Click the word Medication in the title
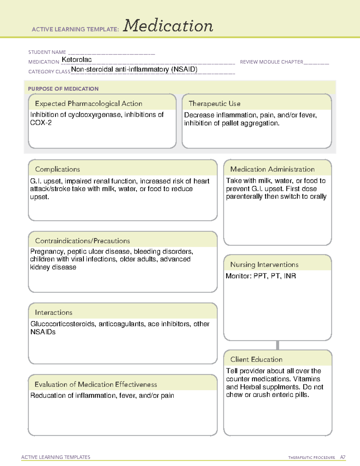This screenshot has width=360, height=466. pyautogui.click(x=168, y=26)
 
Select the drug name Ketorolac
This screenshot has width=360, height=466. pyautogui.click(x=76, y=60)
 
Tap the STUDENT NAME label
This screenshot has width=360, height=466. pyautogui.click(x=47, y=52)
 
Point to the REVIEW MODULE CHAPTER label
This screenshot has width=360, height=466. pyautogui.click(x=271, y=62)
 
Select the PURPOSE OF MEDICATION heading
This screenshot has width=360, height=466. pyautogui.click(x=63, y=89)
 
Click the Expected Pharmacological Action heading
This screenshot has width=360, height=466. pyautogui.click(x=88, y=104)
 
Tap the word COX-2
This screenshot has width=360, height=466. pyautogui.click(x=41, y=123)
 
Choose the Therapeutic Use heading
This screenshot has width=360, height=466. pyautogui.click(x=214, y=104)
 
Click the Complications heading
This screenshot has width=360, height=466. pyautogui.click(x=58, y=169)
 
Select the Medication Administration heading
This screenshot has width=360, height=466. pyautogui.click(x=272, y=169)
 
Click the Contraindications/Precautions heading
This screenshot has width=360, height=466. pyautogui.click(x=82, y=241)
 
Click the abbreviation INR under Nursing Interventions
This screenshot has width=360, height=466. pyautogui.click(x=290, y=276)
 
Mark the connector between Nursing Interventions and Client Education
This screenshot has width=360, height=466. pyautogui.click(x=277, y=345)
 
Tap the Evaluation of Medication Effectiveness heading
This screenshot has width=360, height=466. pyautogui.click(x=96, y=384)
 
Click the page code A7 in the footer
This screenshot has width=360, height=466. pyautogui.click(x=342, y=457)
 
